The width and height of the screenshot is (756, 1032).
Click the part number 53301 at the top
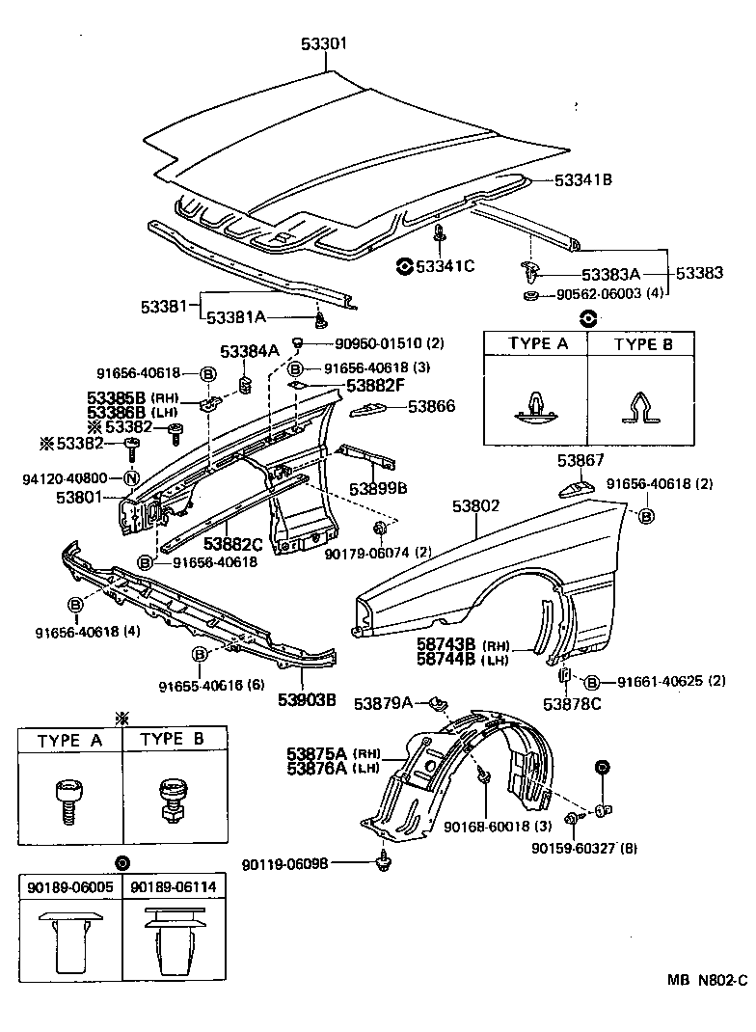pos(325,43)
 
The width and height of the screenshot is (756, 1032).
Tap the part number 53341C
pos(445,265)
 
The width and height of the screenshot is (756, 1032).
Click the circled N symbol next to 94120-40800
pos(130,477)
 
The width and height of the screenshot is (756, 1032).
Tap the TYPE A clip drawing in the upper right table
pos(534,403)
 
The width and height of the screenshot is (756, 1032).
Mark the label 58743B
pos(449,644)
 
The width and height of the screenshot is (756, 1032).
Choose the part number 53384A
pos(250,352)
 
